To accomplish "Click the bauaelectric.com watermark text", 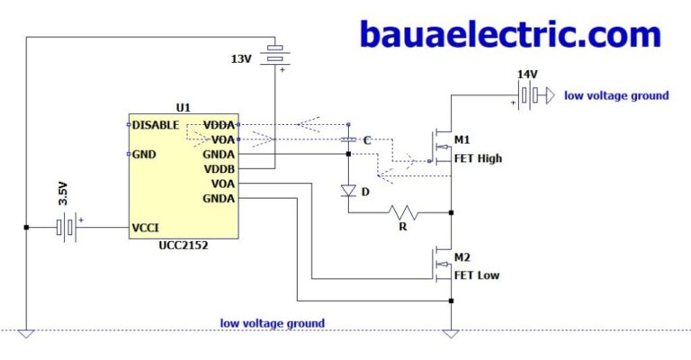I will click(x=510, y=34).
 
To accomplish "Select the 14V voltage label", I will click(x=527, y=74).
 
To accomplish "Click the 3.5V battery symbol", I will click(x=67, y=228).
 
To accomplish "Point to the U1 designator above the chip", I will click(x=184, y=107).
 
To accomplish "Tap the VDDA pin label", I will click(x=220, y=124).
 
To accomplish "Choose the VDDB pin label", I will click(x=220, y=168).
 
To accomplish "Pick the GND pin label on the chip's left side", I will click(x=145, y=154).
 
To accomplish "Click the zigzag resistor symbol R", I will click(x=404, y=213).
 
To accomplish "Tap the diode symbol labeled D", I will click(x=348, y=191).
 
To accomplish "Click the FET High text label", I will click(x=479, y=158).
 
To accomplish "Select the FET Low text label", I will click(x=477, y=274).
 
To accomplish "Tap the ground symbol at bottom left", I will click(x=26, y=334).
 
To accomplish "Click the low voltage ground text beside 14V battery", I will click(x=616, y=95).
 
